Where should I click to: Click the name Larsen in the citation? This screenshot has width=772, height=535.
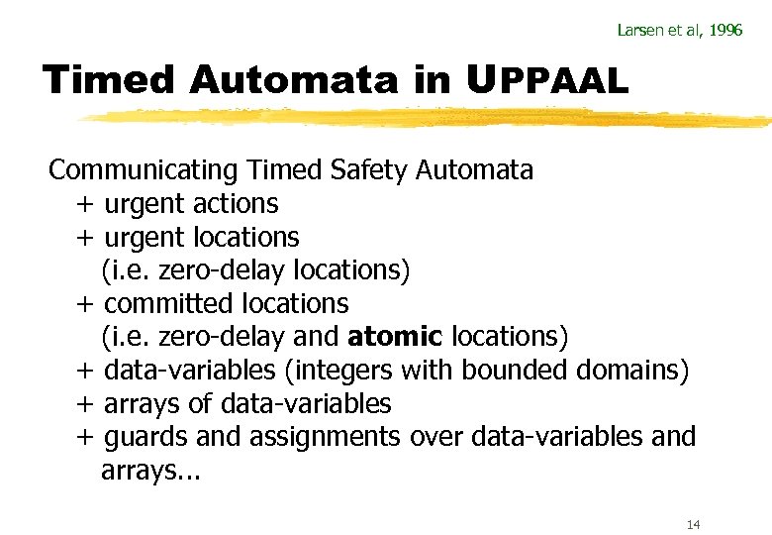(637, 30)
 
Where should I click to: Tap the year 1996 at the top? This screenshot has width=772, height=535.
(724, 30)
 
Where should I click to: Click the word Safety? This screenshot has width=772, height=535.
(372, 170)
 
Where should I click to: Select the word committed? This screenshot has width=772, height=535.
(159, 303)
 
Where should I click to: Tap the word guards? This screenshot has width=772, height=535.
(141, 437)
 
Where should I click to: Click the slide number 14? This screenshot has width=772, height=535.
(693, 524)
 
